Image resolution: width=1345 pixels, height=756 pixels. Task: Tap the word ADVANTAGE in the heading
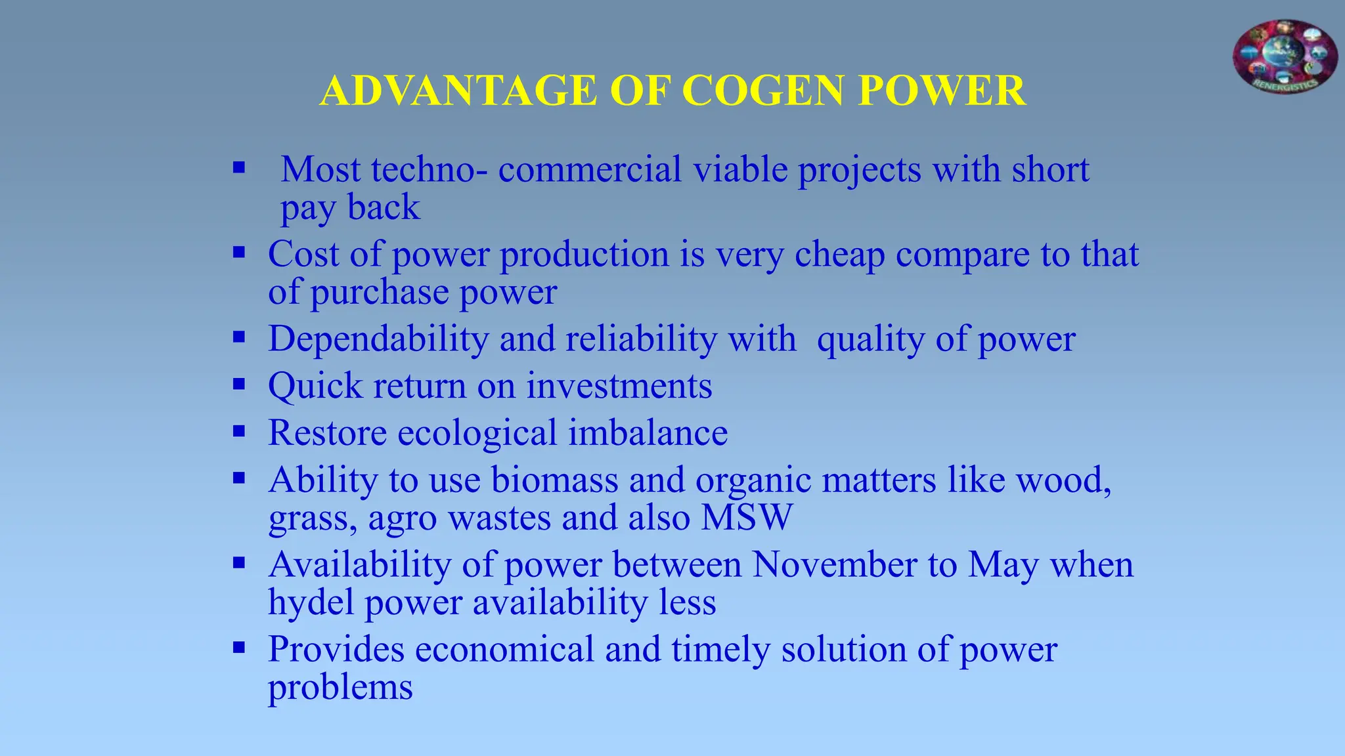(x=458, y=91)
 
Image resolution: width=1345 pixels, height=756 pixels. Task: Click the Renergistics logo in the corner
(x=1285, y=56)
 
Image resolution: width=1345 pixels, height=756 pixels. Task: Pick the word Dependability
(x=378, y=340)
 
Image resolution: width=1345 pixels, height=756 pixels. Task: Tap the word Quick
(x=315, y=386)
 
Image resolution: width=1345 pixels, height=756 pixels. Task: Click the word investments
(x=619, y=386)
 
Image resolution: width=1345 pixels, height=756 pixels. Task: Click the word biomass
(x=554, y=480)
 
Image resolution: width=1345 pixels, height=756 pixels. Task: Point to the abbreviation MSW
(x=747, y=518)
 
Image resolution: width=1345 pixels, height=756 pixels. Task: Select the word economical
(x=504, y=650)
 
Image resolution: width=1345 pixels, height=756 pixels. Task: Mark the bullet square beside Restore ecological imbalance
(x=239, y=431)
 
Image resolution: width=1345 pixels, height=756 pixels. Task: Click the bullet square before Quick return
(x=239, y=384)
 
